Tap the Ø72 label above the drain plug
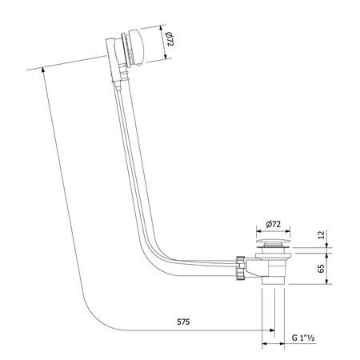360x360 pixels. pyautogui.click(x=274, y=226)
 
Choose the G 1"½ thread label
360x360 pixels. pyautogui.click(x=305, y=339)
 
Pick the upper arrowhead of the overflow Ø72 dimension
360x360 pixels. pyautogui.click(x=166, y=31)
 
